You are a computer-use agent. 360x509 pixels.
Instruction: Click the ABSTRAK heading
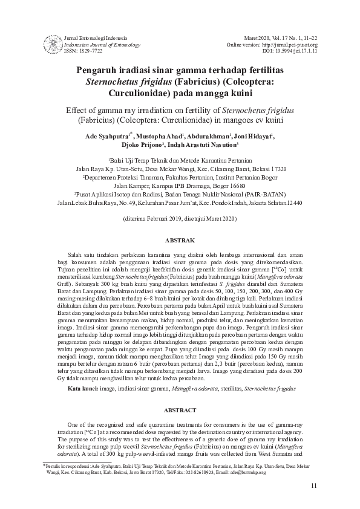[180, 240]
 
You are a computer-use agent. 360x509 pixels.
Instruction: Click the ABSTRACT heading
[180, 409]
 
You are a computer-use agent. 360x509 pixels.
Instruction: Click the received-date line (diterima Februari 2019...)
[180, 217]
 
